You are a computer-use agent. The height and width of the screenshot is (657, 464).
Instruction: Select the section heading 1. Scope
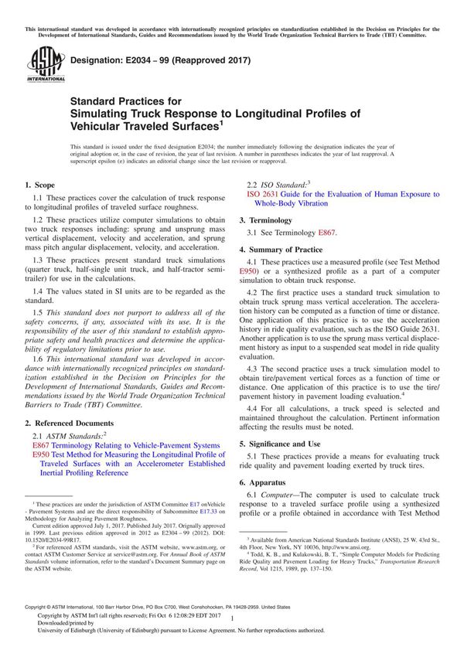point(40,185)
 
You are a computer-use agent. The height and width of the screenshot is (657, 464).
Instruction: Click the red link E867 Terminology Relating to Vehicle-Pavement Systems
point(126,445)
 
